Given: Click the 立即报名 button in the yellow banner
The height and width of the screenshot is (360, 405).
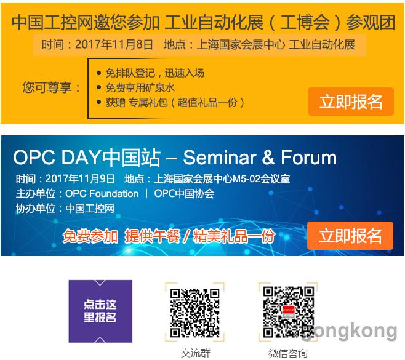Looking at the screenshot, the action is point(350,102).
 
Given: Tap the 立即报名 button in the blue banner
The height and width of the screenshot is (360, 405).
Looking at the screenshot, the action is point(350,236).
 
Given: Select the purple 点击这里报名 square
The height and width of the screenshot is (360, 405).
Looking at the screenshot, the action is point(100,311).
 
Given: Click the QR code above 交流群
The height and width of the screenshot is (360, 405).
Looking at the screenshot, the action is point(194,313).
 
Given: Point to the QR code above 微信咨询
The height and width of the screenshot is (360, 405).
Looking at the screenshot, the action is point(288,312).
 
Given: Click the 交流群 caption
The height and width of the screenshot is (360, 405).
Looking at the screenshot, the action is point(196,353).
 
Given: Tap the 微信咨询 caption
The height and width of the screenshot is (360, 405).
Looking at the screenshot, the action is point(288,353).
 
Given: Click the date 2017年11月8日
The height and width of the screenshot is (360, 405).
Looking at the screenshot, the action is point(114,44).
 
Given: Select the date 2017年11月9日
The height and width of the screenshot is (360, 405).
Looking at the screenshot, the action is point(80,178).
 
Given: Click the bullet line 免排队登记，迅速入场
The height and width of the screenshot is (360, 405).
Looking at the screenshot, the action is point(154,73).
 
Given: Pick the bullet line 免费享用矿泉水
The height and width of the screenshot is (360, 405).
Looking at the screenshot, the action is point(140,88).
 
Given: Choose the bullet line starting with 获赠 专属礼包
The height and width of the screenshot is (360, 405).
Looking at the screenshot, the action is point(175,103).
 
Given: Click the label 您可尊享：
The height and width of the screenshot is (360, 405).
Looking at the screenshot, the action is point(51,87).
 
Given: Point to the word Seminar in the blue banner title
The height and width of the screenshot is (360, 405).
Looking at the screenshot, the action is point(220,158).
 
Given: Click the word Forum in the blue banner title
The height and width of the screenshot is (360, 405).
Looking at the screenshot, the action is point(308,158).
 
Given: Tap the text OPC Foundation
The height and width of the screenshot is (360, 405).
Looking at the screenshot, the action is point(102,194).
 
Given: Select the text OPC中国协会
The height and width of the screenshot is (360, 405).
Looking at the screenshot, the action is point(184,194).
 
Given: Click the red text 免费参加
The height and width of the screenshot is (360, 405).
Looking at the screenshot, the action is point(90,236).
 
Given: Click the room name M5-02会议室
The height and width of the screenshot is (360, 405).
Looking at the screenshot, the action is point(261,178).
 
